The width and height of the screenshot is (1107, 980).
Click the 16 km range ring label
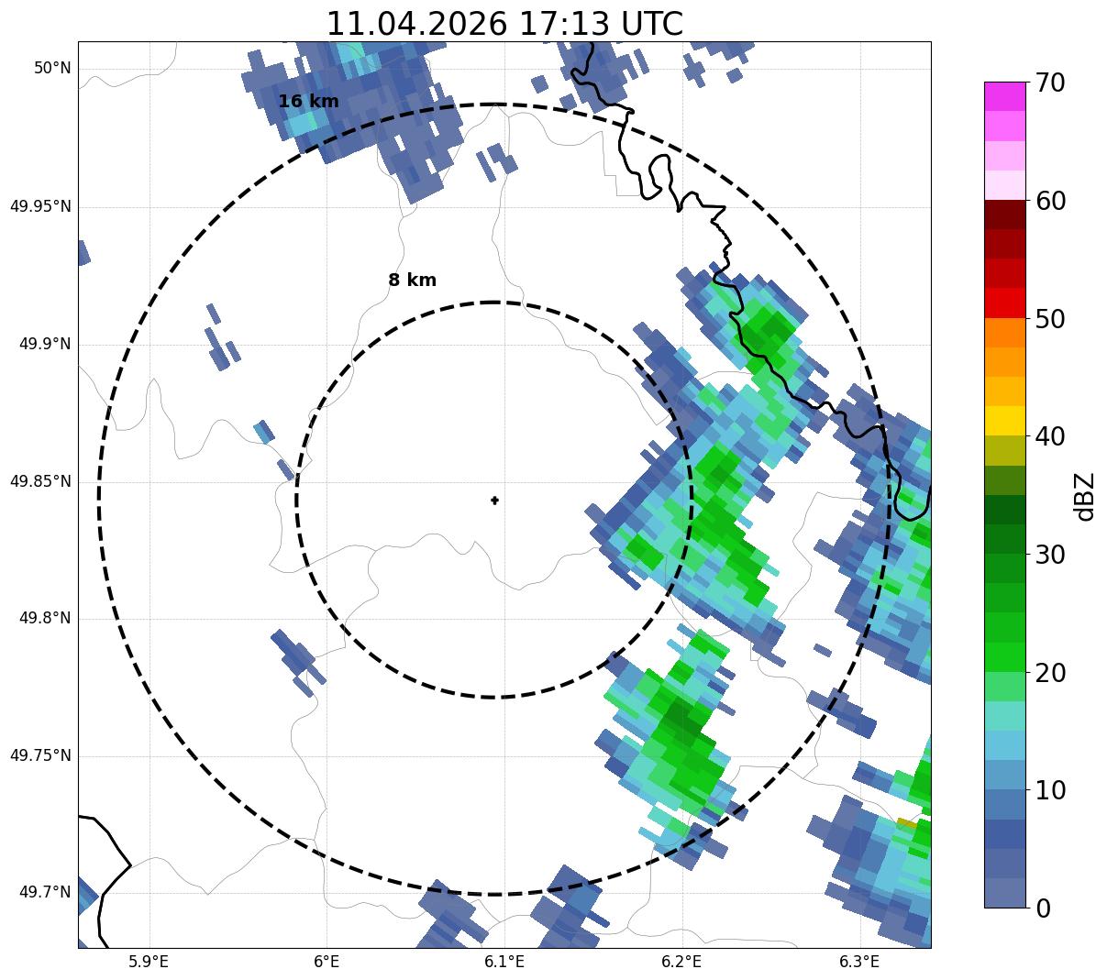(309, 101)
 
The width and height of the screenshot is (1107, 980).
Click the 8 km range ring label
(413, 280)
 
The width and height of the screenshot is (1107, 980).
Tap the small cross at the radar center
(494, 500)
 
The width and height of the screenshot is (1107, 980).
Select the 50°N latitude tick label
(52, 68)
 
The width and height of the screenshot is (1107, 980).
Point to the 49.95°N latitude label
(40, 206)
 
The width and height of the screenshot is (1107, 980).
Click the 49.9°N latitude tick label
(45, 344)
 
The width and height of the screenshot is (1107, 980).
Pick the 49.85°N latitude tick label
(40, 481)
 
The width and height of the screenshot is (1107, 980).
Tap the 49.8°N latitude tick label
(45, 618)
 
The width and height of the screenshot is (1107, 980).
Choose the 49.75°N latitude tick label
(40, 755)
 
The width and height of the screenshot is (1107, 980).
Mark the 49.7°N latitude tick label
(45, 892)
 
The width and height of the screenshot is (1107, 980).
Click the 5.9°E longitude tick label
(149, 962)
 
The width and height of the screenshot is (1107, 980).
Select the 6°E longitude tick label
(327, 962)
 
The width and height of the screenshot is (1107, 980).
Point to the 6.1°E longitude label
(504, 962)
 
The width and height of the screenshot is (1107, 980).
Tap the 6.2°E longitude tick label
(681, 962)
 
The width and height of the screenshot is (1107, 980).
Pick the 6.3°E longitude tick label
(859, 962)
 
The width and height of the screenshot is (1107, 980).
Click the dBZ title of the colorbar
(1084, 497)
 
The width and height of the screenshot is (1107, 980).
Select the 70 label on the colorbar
(1050, 83)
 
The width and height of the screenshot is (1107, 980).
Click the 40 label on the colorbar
(1050, 436)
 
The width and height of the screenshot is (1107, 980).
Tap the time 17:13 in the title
(564, 24)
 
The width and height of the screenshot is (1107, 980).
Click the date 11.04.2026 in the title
(417, 24)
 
